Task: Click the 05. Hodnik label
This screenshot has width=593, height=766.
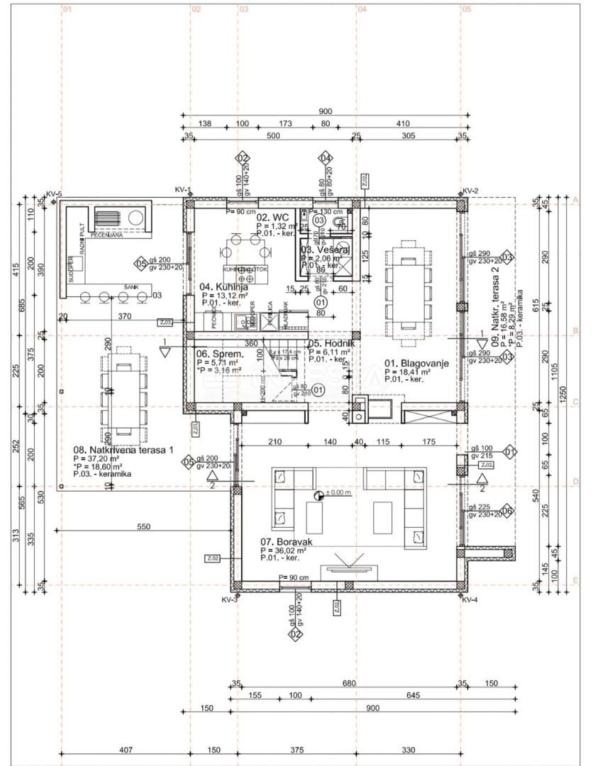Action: pos(331,343)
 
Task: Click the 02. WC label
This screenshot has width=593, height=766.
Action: pos(271,216)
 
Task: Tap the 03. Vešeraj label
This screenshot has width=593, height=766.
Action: pos(325,250)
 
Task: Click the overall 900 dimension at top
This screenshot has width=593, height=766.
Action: pos(326,111)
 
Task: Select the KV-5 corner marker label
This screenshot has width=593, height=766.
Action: pos(54,194)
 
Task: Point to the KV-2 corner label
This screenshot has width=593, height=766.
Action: pos(471,191)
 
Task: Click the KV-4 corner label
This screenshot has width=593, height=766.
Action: pos(469,599)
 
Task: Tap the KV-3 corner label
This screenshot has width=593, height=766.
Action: pos(229,599)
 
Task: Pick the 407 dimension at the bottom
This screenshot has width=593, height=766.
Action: pos(126,750)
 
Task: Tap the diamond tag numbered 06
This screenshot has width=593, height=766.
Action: pos(506,511)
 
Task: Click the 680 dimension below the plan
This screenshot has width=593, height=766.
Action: pos(348,684)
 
